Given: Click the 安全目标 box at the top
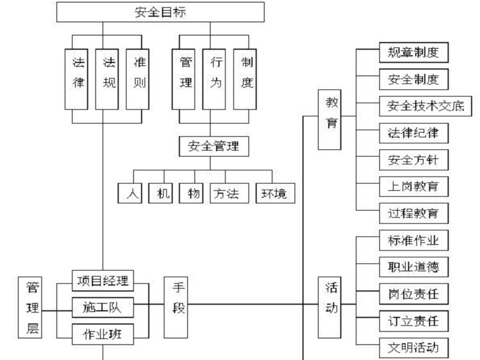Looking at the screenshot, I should tap(160, 12).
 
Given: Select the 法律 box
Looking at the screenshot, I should tap(79, 72).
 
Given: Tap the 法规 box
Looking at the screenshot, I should tap(110, 72).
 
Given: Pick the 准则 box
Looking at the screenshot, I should tap(140, 72).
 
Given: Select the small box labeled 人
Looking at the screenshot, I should tap(130, 194).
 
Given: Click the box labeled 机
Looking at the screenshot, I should tap(161, 194).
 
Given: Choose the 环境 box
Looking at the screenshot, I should tap(274, 194).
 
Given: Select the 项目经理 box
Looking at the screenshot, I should tap(103, 281).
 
